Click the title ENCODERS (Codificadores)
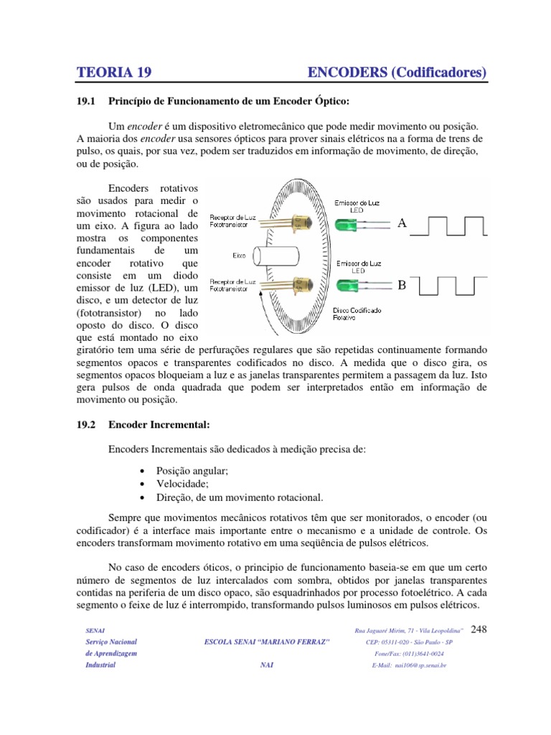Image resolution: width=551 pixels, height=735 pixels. pos(397,72)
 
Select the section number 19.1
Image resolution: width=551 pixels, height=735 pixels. pos(86,100)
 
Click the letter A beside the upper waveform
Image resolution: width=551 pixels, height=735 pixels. pos(402,224)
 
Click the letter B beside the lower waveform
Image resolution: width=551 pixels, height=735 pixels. pos(402,286)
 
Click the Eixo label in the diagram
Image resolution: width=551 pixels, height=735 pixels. pos(240,255)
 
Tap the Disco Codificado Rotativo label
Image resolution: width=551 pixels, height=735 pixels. pos(358,314)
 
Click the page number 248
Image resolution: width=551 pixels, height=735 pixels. pos(478,629)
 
